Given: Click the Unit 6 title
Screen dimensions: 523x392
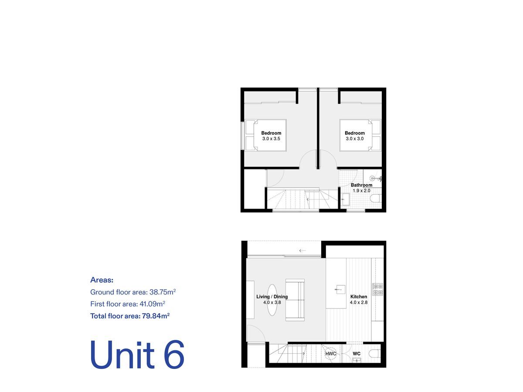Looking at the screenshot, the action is (x=137, y=355).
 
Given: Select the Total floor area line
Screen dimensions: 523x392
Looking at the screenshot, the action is (x=129, y=316).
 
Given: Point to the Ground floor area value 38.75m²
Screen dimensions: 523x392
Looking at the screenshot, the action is (x=162, y=292).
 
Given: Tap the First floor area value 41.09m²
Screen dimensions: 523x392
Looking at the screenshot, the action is (x=152, y=304).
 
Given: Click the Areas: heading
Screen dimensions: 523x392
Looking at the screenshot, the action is (x=102, y=280).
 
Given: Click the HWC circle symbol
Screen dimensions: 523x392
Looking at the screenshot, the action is (x=330, y=354).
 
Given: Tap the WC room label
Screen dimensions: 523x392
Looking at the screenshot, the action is (x=357, y=354).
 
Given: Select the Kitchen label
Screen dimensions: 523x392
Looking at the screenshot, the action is (x=359, y=297).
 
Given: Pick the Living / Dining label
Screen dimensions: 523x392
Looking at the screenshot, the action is (x=272, y=297).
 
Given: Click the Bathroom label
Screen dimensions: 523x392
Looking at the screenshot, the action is (x=361, y=185).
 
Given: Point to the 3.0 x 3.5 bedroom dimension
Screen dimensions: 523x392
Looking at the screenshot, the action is (x=271, y=139).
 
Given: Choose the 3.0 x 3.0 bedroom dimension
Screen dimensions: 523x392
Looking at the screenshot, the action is (x=354, y=139).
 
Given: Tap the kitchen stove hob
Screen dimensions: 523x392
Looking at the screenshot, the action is (x=377, y=289).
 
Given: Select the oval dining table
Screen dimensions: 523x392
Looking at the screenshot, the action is (x=272, y=300).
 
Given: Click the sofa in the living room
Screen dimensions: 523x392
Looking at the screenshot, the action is (x=295, y=300).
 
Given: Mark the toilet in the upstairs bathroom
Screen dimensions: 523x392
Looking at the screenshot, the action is (x=376, y=199).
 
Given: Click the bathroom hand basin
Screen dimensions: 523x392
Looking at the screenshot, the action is (x=345, y=199).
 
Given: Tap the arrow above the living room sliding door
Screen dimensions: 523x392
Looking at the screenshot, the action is (x=302, y=250).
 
